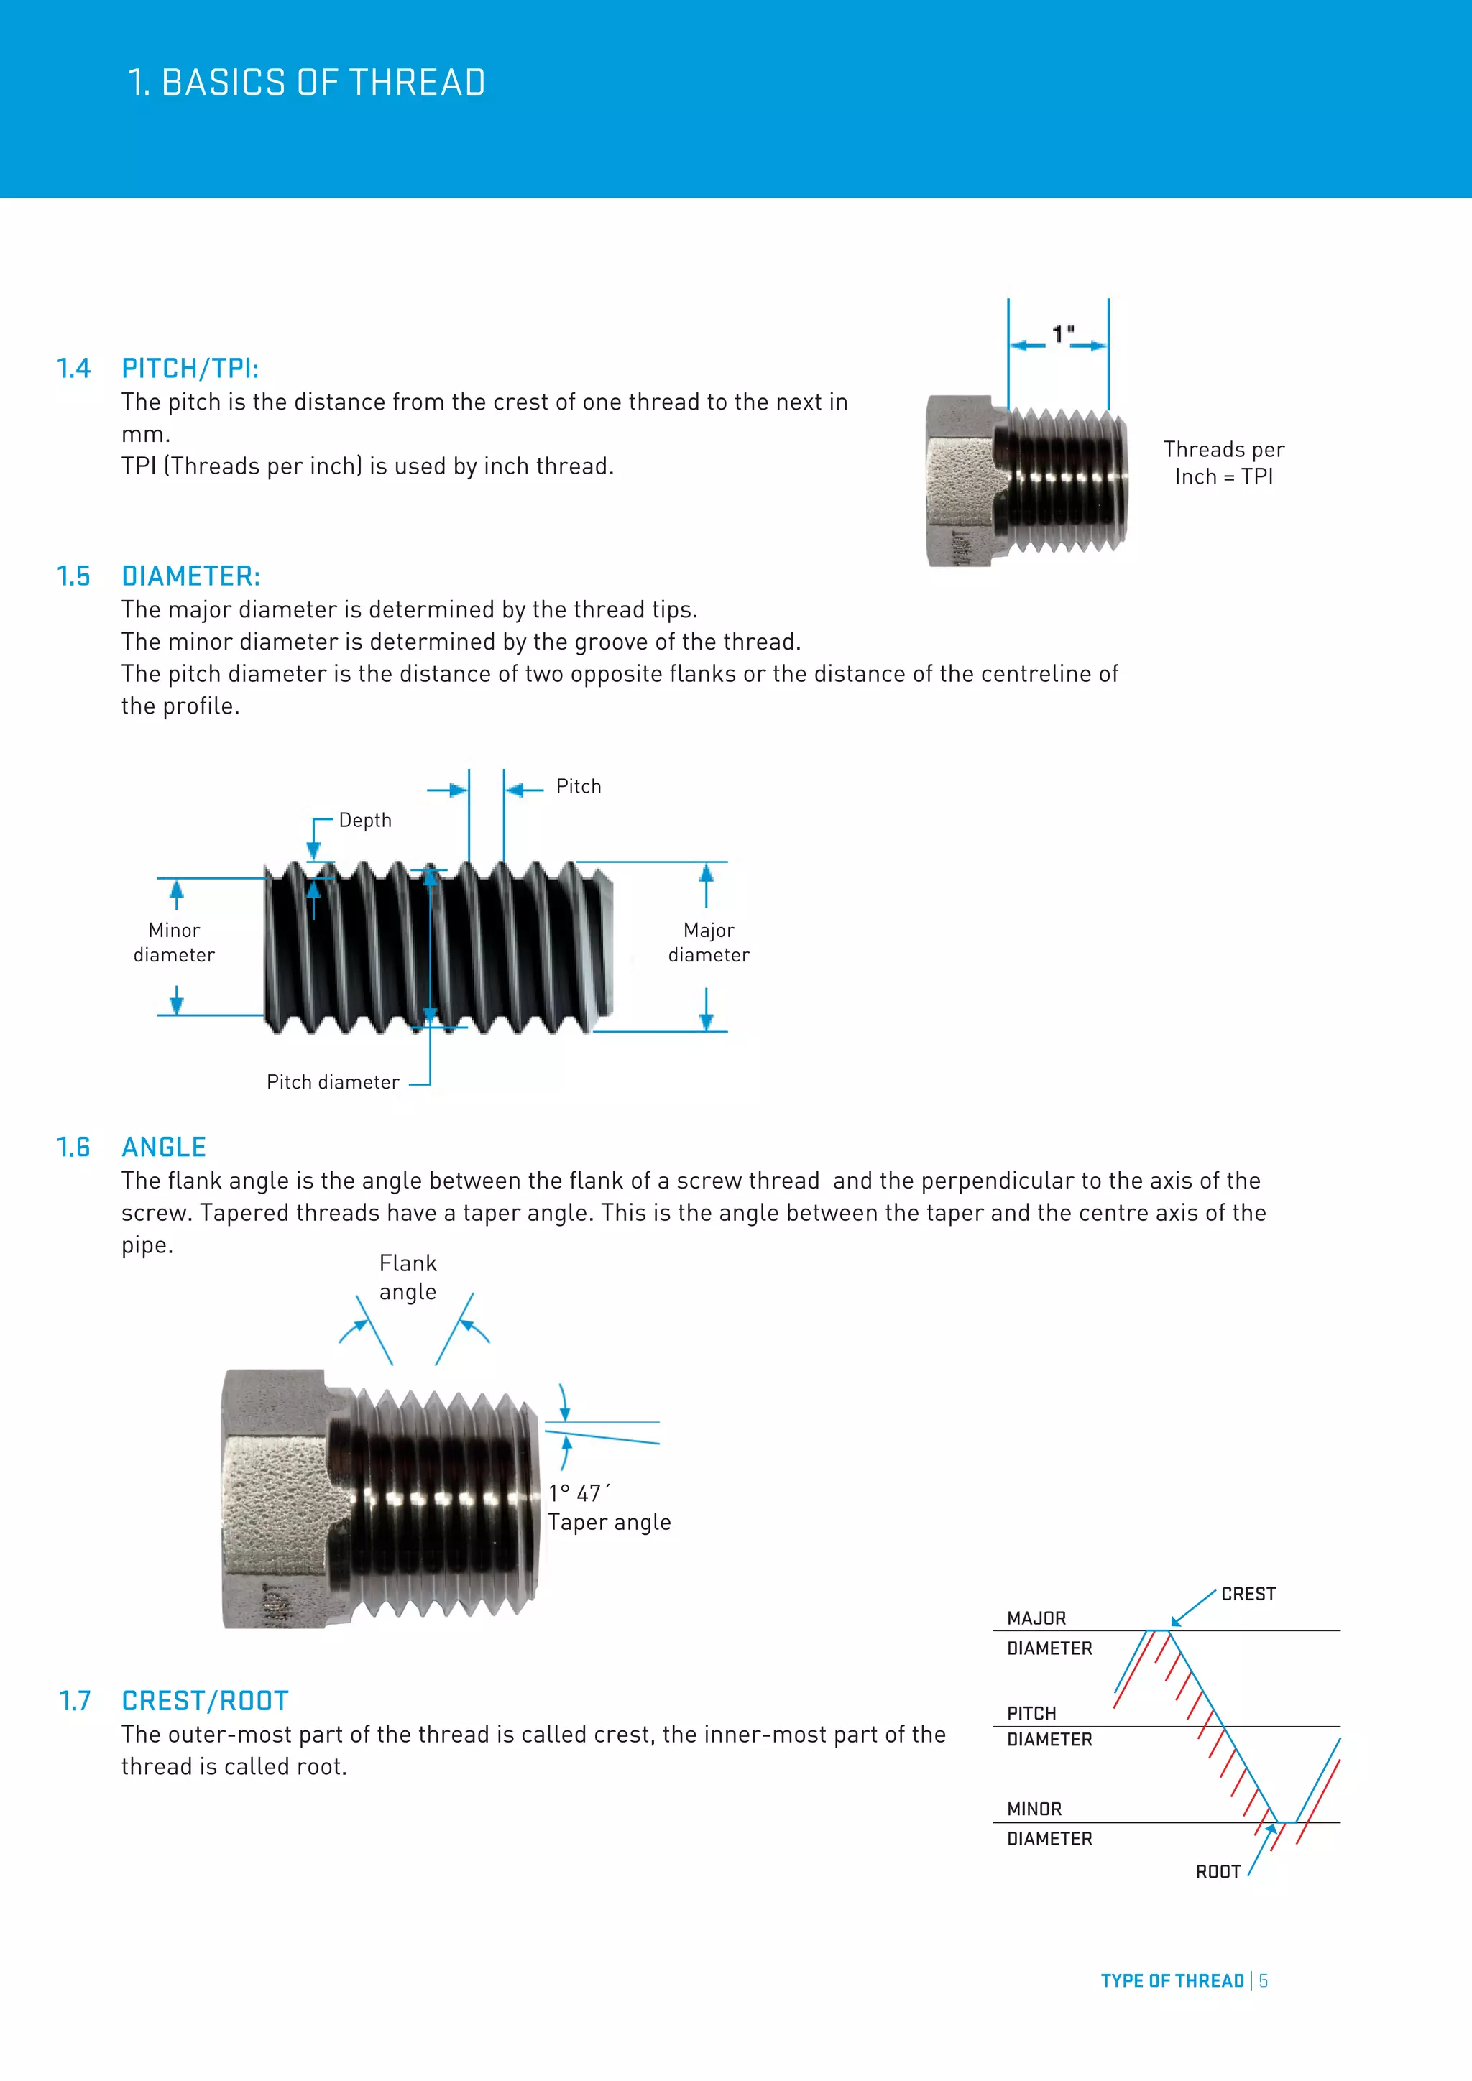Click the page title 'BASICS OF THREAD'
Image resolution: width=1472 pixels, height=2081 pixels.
(x=323, y=83)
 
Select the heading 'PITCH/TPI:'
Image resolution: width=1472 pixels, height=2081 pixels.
(x=190, y=369)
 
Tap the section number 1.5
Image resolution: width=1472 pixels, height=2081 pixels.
(x=73, y=576)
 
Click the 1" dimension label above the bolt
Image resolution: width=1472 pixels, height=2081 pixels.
(x=1062, y=334)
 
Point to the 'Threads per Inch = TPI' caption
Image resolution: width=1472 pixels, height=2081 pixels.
(x=1223, y=463)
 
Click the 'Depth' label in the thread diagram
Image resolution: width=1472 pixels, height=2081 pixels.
(x=365, y=820)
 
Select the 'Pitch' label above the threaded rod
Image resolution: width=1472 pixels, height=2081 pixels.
(x=579, y=787)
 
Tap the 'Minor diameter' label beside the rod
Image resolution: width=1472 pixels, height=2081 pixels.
(x=174, y=943)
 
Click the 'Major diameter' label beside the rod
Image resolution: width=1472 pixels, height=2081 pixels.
(x=709, y=943)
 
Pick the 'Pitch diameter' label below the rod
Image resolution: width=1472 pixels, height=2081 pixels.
(x=333, y=1082)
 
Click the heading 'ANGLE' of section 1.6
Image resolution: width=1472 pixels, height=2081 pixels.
(x=164, y=1148)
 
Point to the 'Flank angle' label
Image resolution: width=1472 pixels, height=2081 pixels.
(x=408, y=1277)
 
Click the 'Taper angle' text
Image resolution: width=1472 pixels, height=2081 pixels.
(x=609, y=1523)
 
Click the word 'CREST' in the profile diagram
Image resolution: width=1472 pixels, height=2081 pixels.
(x=1248, y=1595)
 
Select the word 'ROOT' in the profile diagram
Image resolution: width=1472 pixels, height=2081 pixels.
(x=1218, y=1873)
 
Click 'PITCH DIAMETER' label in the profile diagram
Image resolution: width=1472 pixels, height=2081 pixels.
(x=1049, y=1726)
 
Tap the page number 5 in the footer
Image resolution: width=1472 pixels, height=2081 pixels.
(x=1264, y=1981)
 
